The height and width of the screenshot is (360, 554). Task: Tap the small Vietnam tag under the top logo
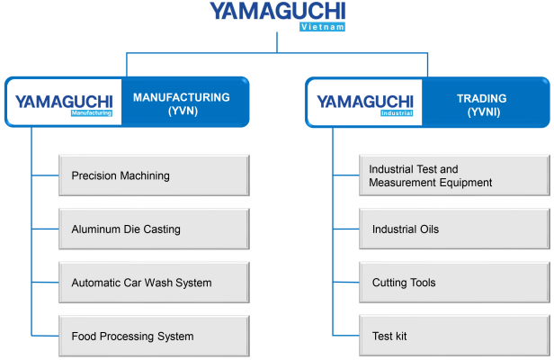pos(322,28)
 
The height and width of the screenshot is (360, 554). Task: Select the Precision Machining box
pos(153,175)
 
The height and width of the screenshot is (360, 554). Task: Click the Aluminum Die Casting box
pos(153,229)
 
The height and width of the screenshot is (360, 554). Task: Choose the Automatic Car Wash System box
pos(153,283)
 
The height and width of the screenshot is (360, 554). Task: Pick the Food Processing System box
pos(153,337)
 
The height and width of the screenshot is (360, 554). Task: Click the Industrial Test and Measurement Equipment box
pos(453,175)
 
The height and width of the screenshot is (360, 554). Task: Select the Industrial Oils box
pos(453,229)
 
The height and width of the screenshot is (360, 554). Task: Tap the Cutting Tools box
pos(453,283)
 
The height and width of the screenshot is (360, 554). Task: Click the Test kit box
pos(453,337)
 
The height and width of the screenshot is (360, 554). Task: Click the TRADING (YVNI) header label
pos(482,104)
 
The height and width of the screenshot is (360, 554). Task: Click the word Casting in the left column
pos(161,229)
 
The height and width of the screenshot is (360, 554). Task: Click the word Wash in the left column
pos(156,283)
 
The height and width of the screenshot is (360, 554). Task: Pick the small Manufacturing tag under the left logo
pos(92,114)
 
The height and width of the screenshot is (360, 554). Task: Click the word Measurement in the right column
pos(399,183)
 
